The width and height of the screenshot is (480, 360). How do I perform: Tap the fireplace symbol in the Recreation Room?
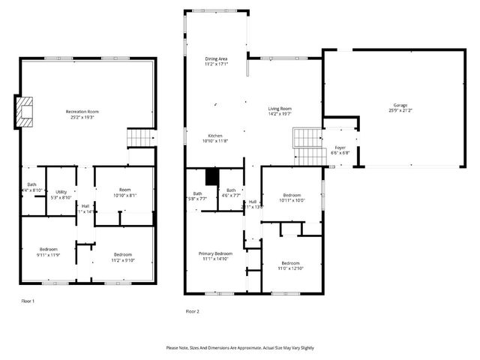[26, 110]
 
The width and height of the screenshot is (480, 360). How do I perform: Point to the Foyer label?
[340, 148]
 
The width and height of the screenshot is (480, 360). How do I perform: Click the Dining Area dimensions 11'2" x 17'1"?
[216, 64]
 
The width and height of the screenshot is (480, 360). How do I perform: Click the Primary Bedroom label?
[215, 253]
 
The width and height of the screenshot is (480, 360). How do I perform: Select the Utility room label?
[61, 192]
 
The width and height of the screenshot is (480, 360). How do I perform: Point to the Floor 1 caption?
[28, 301]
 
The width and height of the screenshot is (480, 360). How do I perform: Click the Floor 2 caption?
[192, 310]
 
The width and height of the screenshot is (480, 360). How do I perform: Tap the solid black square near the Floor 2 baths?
[211, 176]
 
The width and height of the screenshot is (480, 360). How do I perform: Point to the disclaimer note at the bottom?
[240, 347]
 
